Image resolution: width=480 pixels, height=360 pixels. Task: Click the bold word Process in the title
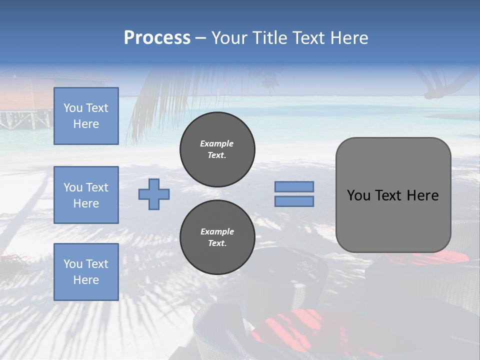click(157, 38)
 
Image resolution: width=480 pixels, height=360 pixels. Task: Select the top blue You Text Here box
click(86, 116)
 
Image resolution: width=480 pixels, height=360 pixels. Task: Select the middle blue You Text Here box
click(86, 195)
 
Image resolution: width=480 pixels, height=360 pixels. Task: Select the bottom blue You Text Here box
click(86, 271)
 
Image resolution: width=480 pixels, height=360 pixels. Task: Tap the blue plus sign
click(154, 194)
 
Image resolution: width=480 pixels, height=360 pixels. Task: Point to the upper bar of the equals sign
click(294, 186)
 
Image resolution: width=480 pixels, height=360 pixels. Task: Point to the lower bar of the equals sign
click(294, 201)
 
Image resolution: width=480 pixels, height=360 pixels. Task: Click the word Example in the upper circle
click(217, 143)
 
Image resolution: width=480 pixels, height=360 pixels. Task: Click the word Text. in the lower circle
click(217, 243)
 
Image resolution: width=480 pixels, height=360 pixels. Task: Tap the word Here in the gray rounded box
click(422, 195)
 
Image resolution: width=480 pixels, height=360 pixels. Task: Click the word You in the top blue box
click(73, 108)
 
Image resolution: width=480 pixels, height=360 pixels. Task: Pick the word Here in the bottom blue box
click(86, 280)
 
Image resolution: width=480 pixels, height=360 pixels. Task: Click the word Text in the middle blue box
click(97, 187)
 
